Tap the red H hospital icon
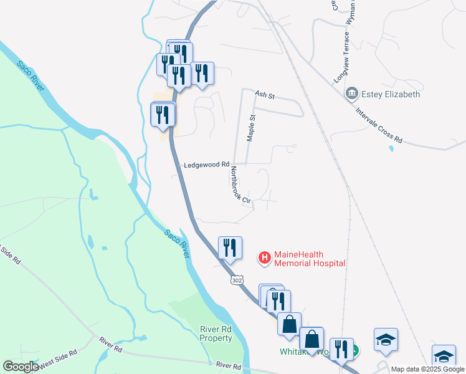[x=265, y=257]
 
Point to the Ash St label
[x=265, y=95]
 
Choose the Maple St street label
[x=252, y=128]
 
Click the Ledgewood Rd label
[x=207, y=165]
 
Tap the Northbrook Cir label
[x=240, y=185]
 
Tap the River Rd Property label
[x=216, y=333]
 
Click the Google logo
[x=21, y=366]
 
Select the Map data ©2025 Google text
[x=428, y=369]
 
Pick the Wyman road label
[x=353, y=12]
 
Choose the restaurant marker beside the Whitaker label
[x=341, y=349]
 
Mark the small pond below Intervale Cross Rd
[x=391, y=149]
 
